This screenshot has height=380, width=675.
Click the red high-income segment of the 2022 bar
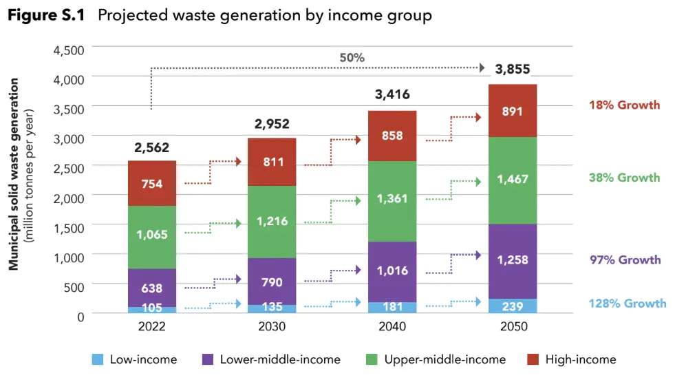(152, 183)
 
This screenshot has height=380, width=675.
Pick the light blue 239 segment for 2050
(512, 306)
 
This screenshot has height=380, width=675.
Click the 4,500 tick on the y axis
(68, 50)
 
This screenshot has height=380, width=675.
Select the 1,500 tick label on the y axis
(68, 226)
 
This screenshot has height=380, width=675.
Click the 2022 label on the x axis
(152, 326)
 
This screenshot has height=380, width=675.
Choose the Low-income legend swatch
(98, 359)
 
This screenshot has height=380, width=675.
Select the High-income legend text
(580, 359)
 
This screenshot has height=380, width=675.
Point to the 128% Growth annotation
(628, 303)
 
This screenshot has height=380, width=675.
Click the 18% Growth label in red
(624, 105)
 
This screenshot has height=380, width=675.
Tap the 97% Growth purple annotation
(625, 260)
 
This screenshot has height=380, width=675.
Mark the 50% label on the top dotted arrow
(352, 57)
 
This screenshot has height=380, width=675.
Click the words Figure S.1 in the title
(46, 16)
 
